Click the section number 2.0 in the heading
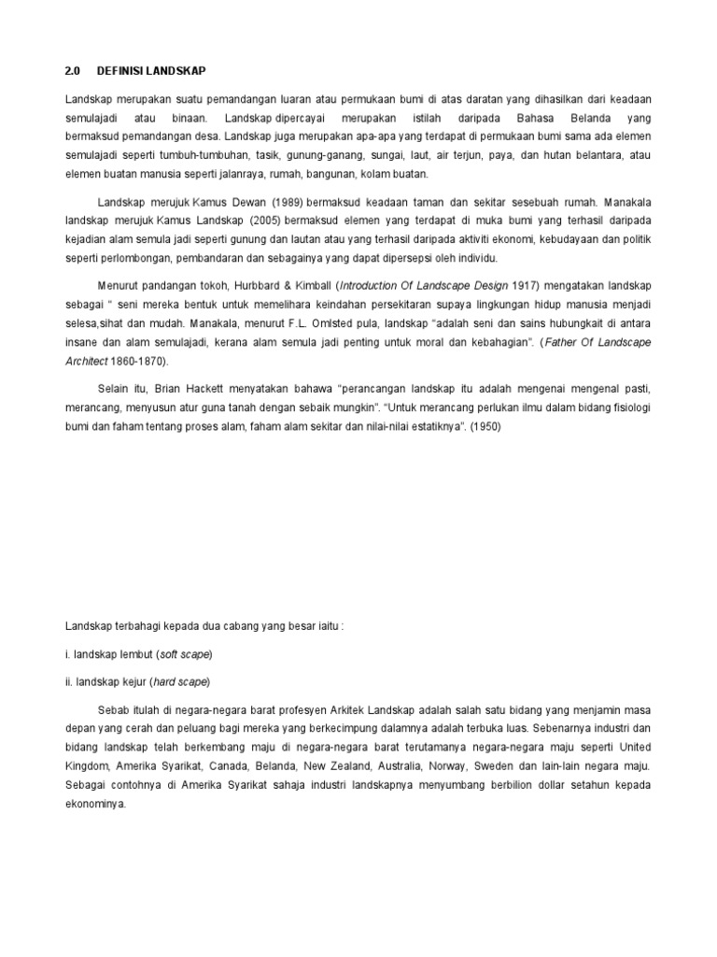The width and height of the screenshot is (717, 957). [74, 71]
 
